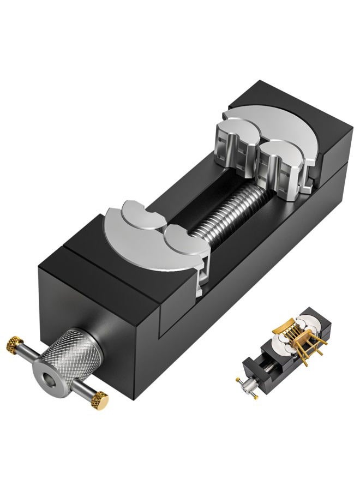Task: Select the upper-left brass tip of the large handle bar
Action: coord(12,344)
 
